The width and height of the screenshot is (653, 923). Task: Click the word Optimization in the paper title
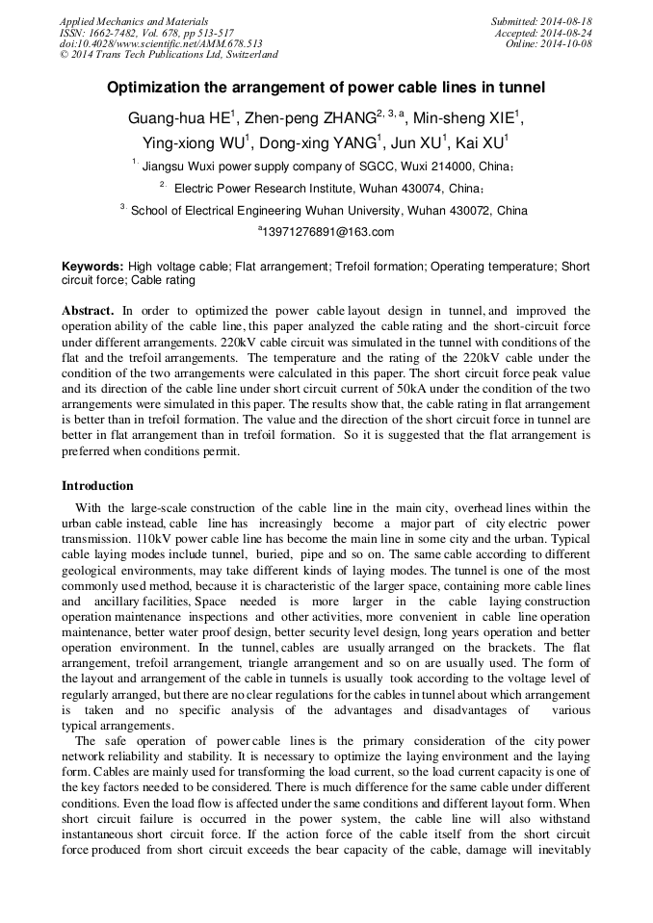click(155, 88)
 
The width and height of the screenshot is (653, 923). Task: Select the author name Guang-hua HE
click(178, 118)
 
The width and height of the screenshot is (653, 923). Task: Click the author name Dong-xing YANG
click(323, 142)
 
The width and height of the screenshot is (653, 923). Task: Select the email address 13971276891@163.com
click(328, 232)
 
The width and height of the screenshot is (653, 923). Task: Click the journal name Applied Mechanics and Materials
click(134, 21)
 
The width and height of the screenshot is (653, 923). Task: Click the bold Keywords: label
click(92, 266)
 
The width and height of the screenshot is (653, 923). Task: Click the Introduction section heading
click(97, 486)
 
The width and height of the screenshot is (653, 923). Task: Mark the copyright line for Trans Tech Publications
click(169, 55)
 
